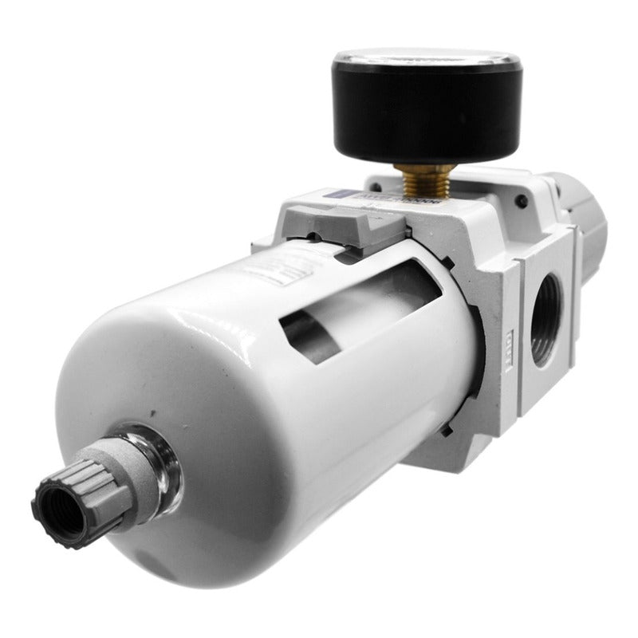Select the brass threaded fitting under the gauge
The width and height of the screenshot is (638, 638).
click(420, 181)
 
